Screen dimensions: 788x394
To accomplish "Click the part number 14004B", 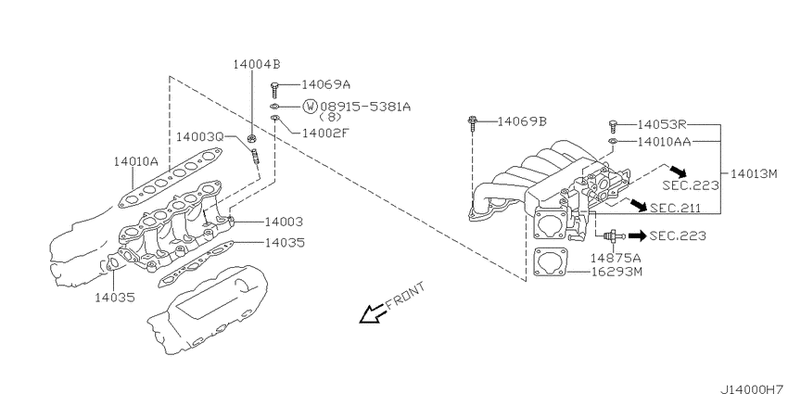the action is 257,64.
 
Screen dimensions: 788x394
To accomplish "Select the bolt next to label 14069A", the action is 275,91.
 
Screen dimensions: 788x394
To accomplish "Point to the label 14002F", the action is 324,133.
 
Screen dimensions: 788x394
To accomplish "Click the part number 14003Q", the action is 200,136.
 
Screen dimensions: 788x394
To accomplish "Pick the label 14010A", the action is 135,160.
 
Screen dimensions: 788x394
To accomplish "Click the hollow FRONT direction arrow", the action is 373,314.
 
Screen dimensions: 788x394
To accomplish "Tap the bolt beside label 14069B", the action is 474,124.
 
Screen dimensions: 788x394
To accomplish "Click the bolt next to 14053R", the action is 612,126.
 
